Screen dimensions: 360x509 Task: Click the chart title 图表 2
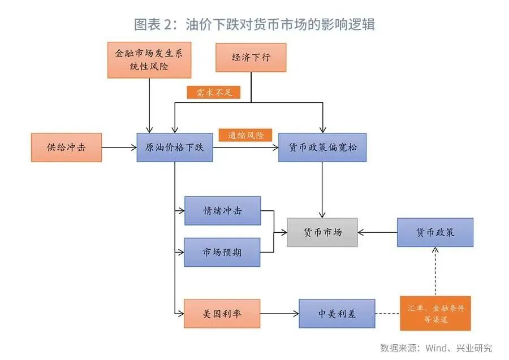pos(255,24)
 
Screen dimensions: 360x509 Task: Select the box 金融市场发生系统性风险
pos(149,60)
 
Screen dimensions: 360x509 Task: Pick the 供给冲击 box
pos(66,148)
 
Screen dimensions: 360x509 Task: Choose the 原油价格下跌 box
pos(175,148)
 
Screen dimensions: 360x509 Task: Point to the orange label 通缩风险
pos(245,136)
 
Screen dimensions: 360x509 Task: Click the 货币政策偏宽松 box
pos(322,148)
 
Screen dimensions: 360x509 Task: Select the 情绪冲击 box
pos(222,211)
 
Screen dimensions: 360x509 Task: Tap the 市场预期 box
pos(222,252)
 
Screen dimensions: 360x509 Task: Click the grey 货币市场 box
pos(322,232)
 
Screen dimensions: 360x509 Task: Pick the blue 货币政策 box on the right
pos(435,232)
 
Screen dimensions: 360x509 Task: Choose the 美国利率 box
pos(222,314)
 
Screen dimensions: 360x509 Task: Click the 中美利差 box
pos(337,314)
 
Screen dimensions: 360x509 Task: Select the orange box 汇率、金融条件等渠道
pos(435,314)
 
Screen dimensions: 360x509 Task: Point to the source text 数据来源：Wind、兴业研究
pos(435,347)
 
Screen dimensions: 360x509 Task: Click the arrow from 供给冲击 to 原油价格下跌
pos(119,148)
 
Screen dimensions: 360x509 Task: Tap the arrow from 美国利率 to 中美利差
pos(279,314)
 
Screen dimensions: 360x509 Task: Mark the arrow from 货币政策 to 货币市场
pos(378,232)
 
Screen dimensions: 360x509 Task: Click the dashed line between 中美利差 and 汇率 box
pos(387,314)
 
